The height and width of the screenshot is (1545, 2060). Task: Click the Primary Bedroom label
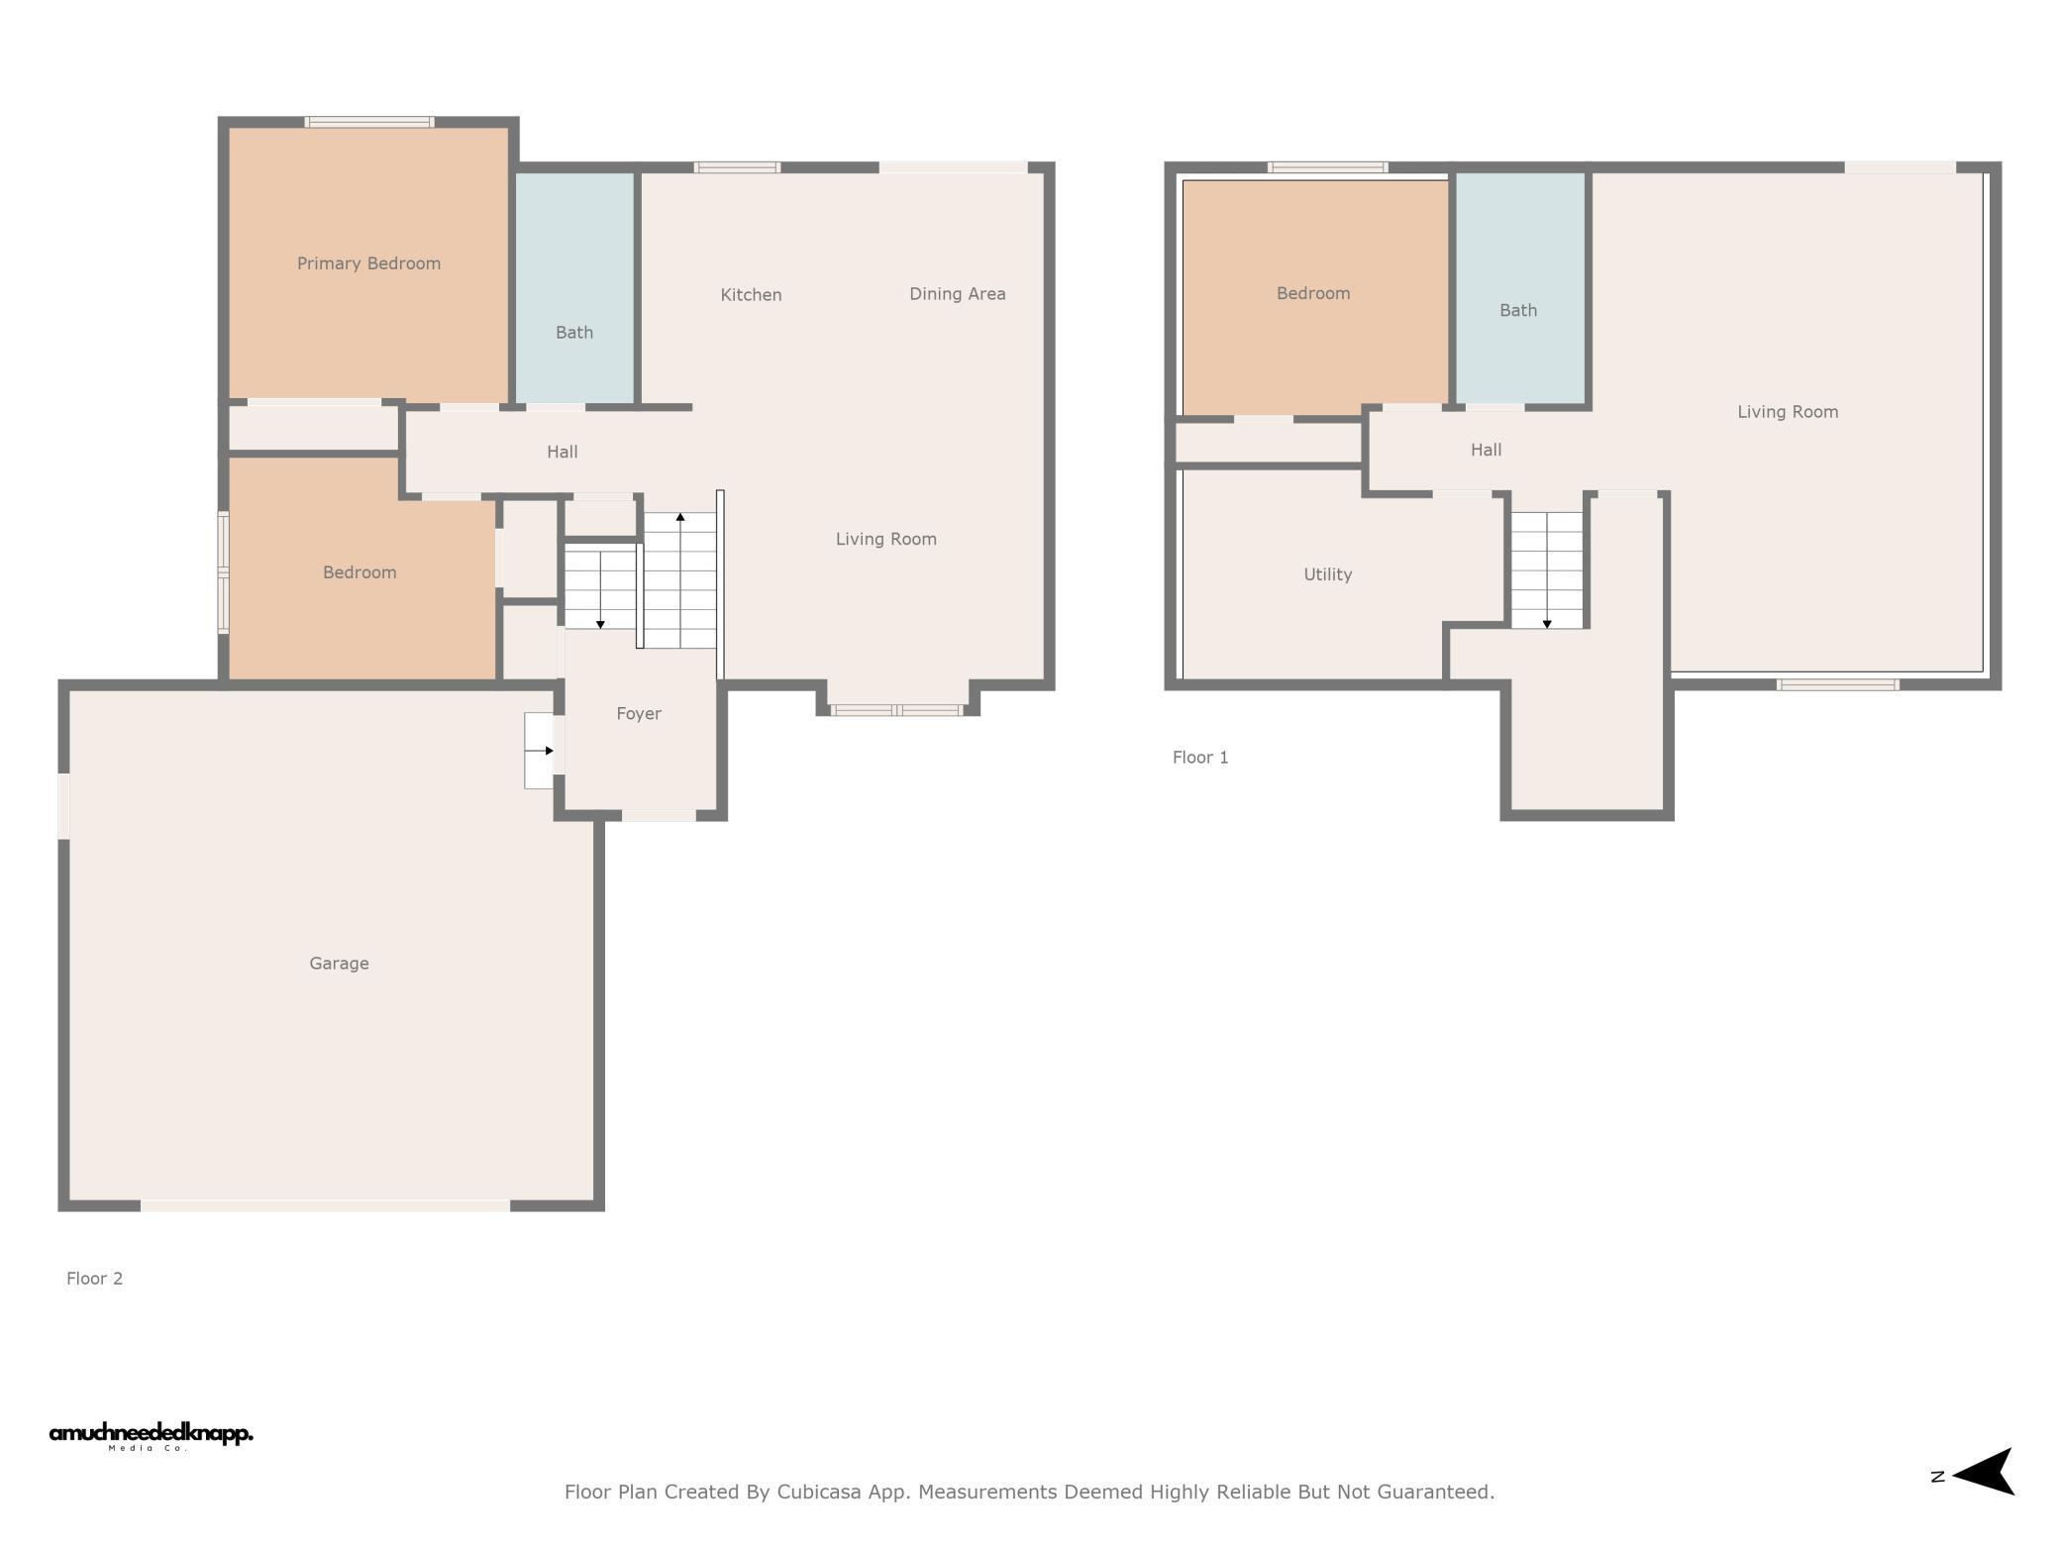tap(368, 263)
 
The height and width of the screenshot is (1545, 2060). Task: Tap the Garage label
tap(339, 964)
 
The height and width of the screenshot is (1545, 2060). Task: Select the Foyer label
tap(639, 714)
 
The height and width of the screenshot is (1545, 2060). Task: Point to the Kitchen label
tap(751, 294)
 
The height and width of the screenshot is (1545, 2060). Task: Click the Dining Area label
tap(958, 294)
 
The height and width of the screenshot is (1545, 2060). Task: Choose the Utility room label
tap(1328, 574)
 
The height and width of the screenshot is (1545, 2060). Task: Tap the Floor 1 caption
tap(1200, 758)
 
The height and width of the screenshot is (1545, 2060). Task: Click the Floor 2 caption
tap(95, 1279)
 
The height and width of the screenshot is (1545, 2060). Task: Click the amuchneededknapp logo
tap(151, 1436)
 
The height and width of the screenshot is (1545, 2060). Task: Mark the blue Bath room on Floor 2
tap(574, 288)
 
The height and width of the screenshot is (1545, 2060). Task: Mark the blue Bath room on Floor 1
tap(1519, 288)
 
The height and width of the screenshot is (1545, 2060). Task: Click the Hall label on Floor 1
tap(1486, 451)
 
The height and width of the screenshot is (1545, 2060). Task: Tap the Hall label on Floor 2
tap(563, 453)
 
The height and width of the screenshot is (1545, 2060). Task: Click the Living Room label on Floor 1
tap(1788, 412)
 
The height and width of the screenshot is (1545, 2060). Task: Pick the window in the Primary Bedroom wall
tap(369, 123)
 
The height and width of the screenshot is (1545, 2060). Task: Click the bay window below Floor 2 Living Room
tap(896, 710)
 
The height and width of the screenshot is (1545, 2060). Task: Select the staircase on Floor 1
tap(1547, 570)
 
